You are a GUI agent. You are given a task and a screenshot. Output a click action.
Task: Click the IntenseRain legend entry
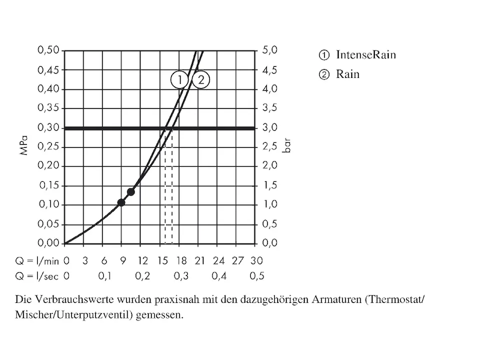click(358, 55)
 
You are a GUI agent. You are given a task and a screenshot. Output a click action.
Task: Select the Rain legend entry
click(340, 75)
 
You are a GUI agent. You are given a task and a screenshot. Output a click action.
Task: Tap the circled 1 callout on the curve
click(179, 80)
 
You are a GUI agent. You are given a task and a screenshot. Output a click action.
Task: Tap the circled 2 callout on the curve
click(202, 80)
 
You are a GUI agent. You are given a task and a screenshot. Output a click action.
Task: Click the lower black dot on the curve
click(121, 203)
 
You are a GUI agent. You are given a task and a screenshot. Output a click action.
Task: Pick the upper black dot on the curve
click(131, 192)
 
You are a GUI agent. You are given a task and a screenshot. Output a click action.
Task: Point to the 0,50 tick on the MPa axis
click(49, 50)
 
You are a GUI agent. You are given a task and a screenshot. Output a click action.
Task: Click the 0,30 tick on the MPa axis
click(49, 128)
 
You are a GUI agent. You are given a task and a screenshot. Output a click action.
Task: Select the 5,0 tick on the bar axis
click(270, 50)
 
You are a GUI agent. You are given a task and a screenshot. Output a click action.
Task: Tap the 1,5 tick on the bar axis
click(270, 185)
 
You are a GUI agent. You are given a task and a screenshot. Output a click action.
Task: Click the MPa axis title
click(24, 147)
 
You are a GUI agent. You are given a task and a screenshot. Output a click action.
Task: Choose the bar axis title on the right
click(287, 147)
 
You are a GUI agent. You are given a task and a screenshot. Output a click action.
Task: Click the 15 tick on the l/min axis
click(162, 261)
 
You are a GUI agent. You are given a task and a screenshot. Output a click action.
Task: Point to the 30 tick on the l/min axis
click(257, 261)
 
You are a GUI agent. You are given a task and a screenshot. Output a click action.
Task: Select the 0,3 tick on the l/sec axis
click(181, 276)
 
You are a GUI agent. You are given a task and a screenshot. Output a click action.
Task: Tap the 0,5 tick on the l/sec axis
click(257, 276)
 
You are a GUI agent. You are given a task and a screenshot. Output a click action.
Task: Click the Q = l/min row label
click(37, 261)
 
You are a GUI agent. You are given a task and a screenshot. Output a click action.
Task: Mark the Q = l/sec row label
click(37, 276)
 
